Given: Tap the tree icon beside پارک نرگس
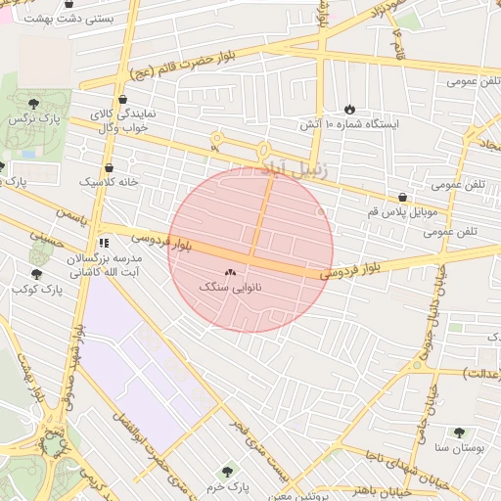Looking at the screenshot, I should [x=34, y=102].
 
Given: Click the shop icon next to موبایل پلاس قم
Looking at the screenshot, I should [x=403, y=197].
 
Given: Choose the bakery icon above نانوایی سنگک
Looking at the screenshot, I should [x=230, y=273].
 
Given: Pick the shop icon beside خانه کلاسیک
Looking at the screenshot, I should [x=108, y=167].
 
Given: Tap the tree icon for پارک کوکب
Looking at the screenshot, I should [x=36, y=274].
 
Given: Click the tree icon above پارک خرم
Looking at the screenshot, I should [x=228, y=472].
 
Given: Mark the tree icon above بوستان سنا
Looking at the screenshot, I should [x=460, y=432].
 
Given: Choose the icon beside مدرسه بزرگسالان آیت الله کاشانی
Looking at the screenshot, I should [x=104, y=242].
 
